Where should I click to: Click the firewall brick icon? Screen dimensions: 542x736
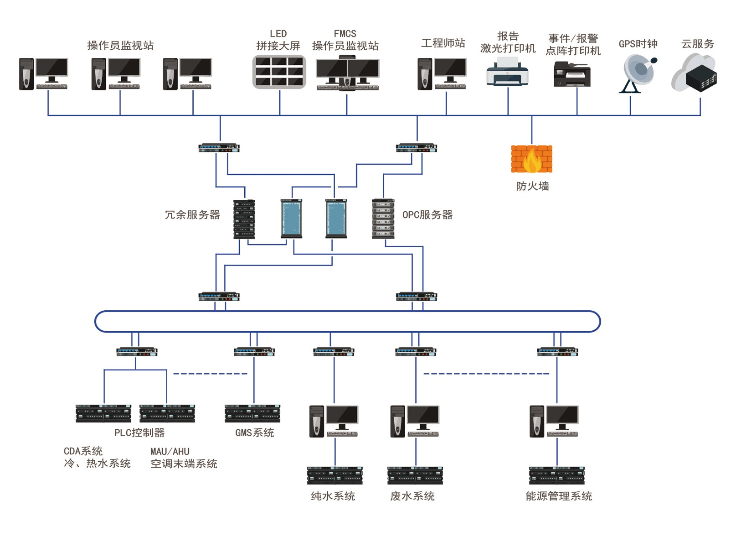coord(531,159)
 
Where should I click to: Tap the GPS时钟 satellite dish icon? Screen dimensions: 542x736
coord(638,73)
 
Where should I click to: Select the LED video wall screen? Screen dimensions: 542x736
coord(279,72)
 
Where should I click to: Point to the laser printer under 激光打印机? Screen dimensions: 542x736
coord(507,72)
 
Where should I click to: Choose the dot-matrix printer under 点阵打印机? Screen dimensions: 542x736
coord(572,74)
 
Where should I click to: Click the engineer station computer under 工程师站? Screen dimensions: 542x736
coord(442,74)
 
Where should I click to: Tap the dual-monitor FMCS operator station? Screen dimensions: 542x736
coord(347,73)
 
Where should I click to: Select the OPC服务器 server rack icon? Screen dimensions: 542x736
coord(383,219)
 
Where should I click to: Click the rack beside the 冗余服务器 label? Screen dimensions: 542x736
coord(244,219)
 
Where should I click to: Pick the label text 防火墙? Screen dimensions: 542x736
coord(532,186)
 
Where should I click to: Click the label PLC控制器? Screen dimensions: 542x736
coord(139,433)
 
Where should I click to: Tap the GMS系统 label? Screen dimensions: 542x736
coord(254,433)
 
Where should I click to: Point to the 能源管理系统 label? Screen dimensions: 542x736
coord(559,496)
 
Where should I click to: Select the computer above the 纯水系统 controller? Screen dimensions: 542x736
coord(334,421)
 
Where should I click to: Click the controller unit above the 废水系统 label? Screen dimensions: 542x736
coord(415,475)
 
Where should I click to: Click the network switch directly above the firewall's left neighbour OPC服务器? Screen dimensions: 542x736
coord(416,148)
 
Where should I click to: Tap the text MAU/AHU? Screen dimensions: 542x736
coord(170,451)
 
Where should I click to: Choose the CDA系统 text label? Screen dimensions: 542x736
coord(83,451)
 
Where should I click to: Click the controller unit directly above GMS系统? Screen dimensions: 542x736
coord(252,413)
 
